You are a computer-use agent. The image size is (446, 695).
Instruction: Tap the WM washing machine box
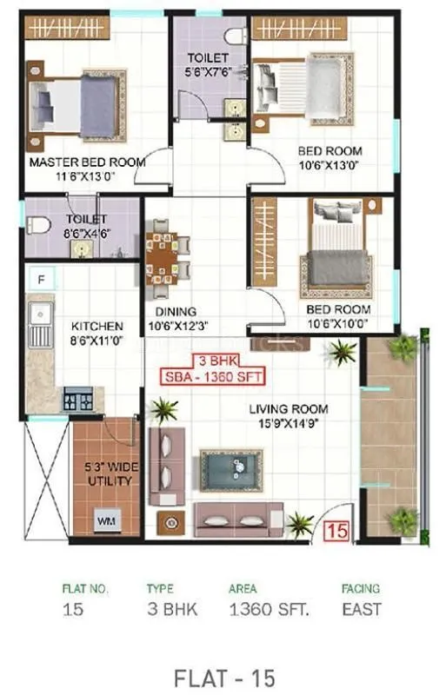106,521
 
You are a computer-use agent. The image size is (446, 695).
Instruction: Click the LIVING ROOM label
288,409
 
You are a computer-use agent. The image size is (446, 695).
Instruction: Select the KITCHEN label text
97,327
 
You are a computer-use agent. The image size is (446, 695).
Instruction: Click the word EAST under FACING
361,609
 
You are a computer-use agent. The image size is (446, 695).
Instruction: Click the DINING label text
176,310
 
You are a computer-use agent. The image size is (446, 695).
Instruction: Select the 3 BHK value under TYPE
172,609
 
